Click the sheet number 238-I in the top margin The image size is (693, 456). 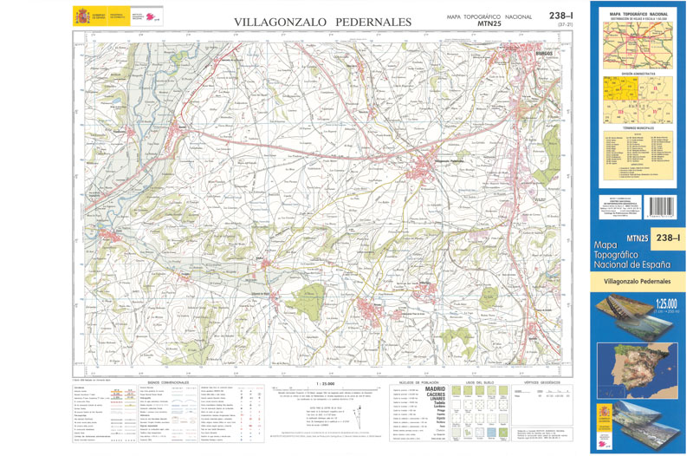pos(563,16)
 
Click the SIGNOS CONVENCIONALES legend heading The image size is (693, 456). pos(167,382)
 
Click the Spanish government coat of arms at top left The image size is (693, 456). pos(82,15)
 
